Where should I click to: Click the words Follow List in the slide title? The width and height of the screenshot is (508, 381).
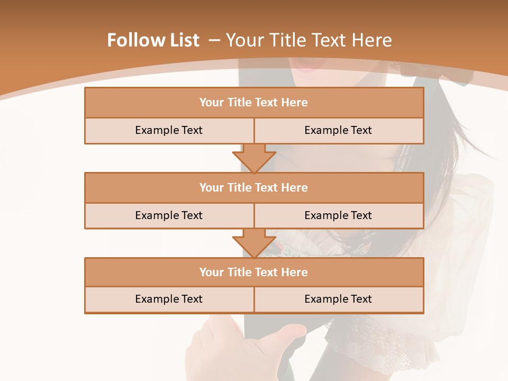point(153,40)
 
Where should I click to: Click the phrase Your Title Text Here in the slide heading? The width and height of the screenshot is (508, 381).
point(309,40)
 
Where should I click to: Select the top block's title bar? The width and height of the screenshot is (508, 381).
point(254,103)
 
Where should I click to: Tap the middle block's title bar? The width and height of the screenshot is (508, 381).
point(254,188)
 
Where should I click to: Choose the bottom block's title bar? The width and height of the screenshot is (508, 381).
point(254,273)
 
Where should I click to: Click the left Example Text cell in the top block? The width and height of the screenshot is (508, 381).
point(169,130)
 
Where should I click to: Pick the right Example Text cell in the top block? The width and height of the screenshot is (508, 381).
point(338,130)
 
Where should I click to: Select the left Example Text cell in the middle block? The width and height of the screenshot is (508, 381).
point(169,215)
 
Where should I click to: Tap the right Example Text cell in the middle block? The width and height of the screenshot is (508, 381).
point(338,215)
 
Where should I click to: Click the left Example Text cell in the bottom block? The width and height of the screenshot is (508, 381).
point(169,299)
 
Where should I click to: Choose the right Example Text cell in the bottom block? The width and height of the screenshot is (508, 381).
point(338,299)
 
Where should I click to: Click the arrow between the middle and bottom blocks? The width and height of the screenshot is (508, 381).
point(254,243)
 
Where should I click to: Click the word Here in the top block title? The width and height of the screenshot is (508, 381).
point(295,103)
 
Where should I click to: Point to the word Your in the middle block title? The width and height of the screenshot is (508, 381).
point(211,188)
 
